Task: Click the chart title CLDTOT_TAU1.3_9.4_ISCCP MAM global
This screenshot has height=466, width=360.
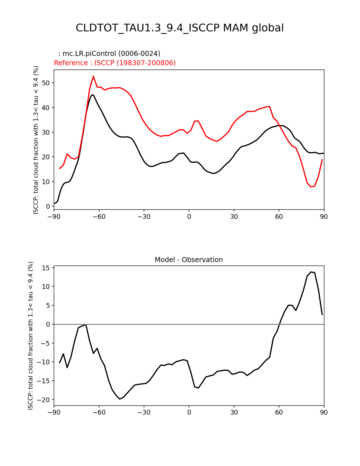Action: (180, 28)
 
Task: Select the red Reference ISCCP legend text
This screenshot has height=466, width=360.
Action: (115, 63)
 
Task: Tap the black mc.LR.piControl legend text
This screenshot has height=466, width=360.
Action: (109, 54)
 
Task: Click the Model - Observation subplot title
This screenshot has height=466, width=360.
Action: (189, 260)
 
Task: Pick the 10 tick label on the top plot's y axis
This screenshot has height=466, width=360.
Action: (46, 182)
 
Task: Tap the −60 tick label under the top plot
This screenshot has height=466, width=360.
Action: (99, 217)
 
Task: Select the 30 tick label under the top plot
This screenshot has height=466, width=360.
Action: (234, 217)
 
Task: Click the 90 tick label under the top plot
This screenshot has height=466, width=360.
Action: (324, 217)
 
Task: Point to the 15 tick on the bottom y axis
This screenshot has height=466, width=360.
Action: (46, 268)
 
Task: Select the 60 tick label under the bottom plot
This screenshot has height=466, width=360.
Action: (279, 412)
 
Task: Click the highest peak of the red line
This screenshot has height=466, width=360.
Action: (93, 76)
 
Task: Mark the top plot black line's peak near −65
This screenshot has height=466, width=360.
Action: (92, 95)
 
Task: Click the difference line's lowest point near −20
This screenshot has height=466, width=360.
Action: (120, 399)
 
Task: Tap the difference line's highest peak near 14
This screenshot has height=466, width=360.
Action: (311, 272)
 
